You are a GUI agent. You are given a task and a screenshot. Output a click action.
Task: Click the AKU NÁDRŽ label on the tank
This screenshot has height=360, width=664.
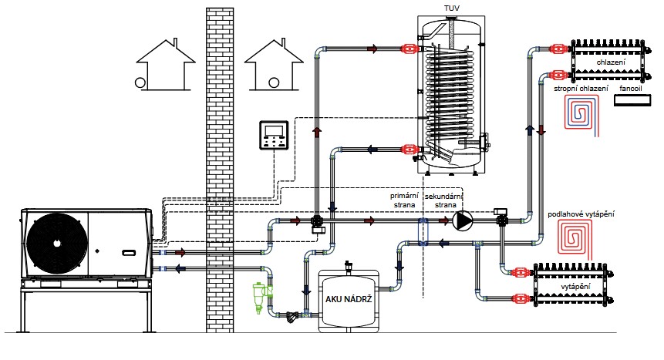pyautogui.click(x=349, y=299)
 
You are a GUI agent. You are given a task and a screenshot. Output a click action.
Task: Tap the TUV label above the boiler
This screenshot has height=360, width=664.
pyautogui.click(x=452, y=8)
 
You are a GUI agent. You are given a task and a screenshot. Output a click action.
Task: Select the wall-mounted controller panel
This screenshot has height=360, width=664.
pyautogui.click(x=274, y=136)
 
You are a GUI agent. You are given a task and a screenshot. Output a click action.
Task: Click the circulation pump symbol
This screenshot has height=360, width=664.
pyautogui.click(x=463, y=220)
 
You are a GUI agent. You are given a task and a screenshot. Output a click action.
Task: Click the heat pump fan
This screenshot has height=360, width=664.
pyautogui.click(x=57, y=244)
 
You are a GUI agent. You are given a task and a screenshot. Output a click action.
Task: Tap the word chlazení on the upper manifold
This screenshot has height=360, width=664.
pyautogui.click(x=611, y=62)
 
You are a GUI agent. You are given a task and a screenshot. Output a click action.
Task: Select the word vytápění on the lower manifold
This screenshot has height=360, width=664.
pyautogui.click(x=575, y=287)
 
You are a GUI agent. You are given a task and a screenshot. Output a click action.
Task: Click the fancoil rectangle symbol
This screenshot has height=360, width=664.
pyautogui.click(x=632, y=101)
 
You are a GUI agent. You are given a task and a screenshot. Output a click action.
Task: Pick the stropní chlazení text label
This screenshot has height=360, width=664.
pyautogui.click(x=581, y=89)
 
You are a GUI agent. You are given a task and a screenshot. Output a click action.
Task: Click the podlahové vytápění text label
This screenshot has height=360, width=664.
pyautogui.click(x=581, y=214)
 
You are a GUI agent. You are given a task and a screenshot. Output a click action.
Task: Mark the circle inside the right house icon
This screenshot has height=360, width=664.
pyautogui.click(x=274, y=82)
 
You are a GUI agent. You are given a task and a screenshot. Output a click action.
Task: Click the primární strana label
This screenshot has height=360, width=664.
pyautogui.click(x=404, y=200)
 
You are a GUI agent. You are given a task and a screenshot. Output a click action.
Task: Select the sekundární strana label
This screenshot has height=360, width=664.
pyautogui.click(x=443, y=200)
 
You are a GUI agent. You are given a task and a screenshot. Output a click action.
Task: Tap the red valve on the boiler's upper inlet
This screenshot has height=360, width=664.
pyautogui.click(x=410, y=49)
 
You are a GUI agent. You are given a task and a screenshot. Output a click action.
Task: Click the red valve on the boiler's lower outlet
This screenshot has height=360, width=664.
pyautogui.click(x=410, y=149)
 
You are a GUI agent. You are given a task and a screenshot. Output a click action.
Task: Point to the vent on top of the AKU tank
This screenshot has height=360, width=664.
pyautogui.click(x=349, y=267)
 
